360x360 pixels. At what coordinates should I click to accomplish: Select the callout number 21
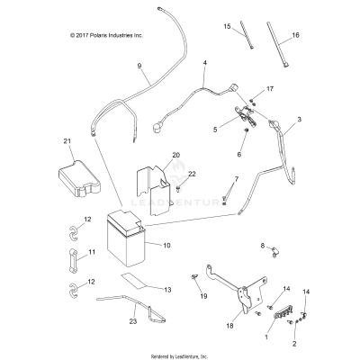pyautogui.click(x=67, y=141)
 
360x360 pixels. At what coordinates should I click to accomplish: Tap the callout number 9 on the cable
pyautogui.click(x=139, y=66)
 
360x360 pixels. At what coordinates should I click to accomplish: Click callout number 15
pyautogui.click(x=227, y=26)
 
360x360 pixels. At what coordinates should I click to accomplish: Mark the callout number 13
pyautogui.click(x=167, y=290)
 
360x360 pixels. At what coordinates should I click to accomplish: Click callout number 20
pyautogui.click(x=176, y=156)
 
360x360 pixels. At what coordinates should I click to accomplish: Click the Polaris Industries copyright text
pyautogui.click(x=94, y=36)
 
